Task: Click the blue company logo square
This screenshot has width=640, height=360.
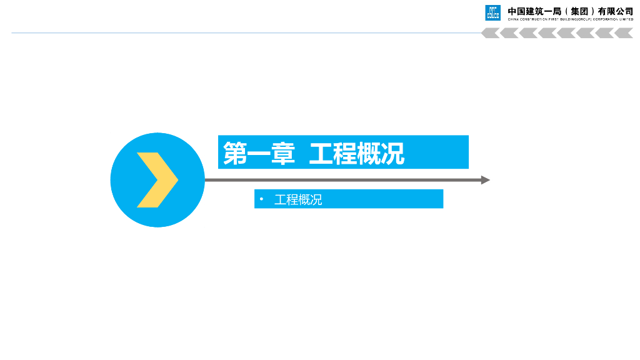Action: (x=493, y=12)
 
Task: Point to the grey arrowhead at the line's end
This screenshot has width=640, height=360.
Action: (x=485, y=180)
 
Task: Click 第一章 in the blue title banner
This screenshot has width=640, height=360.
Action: (x=259, y=153)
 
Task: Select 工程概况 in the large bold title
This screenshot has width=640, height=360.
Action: (x=357, y=153)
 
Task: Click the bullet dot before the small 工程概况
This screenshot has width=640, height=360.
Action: (x=262, y=200)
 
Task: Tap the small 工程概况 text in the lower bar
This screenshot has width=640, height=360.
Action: (x=298, y=200)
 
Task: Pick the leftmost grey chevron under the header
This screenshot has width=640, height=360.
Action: (x=490, y=33)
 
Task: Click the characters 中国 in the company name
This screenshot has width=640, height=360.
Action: (x=516, y=11)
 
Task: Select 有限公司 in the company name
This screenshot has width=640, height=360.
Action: (x=616, y=11)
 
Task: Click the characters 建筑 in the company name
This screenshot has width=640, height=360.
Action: (x=534, y=11)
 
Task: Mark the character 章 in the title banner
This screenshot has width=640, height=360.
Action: (x=282, y=153)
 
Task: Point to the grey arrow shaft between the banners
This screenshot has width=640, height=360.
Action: (x=344, y=180)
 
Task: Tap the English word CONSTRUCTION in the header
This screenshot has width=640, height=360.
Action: (x=533, y=19)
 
